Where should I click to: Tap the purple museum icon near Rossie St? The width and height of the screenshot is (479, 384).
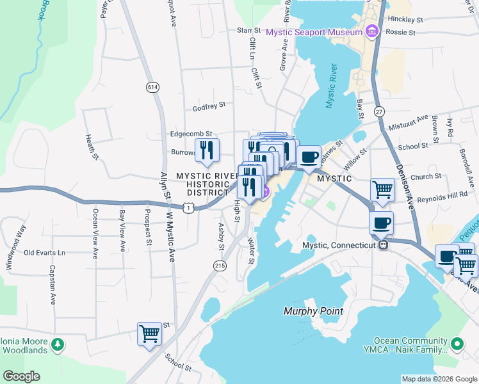(371, 31)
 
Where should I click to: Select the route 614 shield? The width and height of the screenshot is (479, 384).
(152, 87)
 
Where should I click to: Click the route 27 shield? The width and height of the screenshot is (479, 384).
(379, 112)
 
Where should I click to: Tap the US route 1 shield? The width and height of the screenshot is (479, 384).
(188, 207)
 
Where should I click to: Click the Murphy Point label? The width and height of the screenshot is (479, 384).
(313, 311)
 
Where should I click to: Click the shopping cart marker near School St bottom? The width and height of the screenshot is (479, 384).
(149, 333)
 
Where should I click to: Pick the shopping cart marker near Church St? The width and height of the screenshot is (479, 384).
(382, 189)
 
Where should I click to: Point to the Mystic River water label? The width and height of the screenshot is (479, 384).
(330, 86)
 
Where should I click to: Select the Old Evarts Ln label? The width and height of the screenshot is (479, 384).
(45, 253)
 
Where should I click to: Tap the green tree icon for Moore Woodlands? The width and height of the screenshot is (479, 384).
(58, 345)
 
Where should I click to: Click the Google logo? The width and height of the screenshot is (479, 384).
(22, 376)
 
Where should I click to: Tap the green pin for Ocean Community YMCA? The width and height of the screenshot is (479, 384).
(457, 344)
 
